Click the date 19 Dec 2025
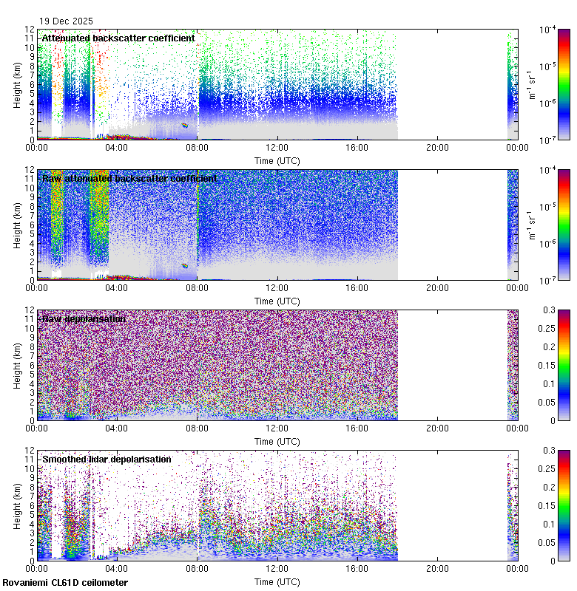(67, 21)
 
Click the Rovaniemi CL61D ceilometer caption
(65, 584)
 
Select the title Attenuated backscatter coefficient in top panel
(118, 38)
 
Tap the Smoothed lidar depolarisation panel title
(107, 460)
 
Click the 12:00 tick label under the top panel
(277, 147)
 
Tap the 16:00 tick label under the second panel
(357, 287)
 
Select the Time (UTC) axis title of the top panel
(277, 160)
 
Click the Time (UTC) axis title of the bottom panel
(277, 581)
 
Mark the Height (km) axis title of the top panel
(17, 84)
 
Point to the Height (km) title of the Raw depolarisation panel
(17, 365)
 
